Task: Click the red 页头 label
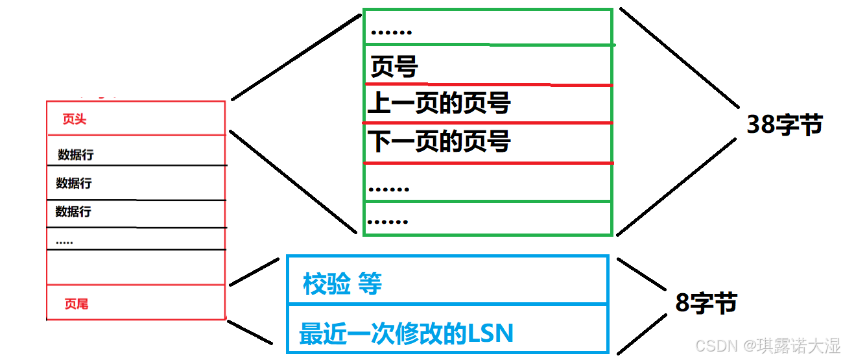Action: pos(74,119)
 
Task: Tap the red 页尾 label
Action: pos(76,304)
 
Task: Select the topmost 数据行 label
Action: pos(75,154)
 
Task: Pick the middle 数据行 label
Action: pos(73,184)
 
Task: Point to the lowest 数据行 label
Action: pos(73,211)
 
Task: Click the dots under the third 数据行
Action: pos(64,242)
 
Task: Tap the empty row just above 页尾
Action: pos(136,267)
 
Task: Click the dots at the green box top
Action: pos(391,30)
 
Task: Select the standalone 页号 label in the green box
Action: pos(394,66)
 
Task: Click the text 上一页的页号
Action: pos(439,103)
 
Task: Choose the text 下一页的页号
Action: pos(439,141)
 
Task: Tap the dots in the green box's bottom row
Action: pos(387,221)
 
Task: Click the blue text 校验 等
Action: pos(342,283)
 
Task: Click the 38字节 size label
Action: pos(785,125)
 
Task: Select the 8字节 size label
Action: pos(706,303)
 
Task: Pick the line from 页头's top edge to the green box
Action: pos(295,56)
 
